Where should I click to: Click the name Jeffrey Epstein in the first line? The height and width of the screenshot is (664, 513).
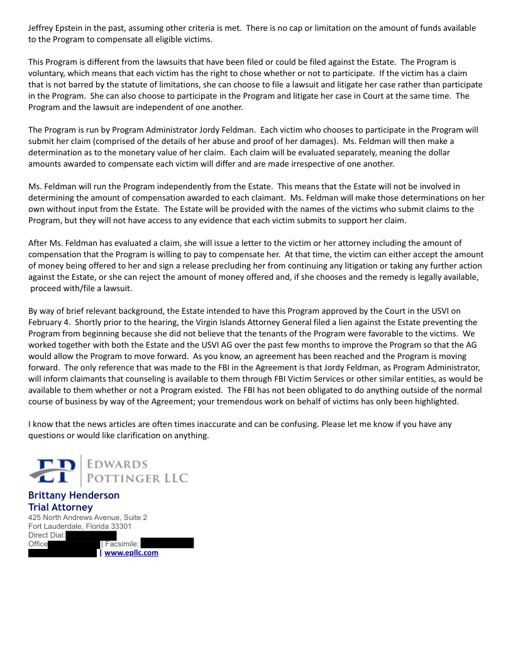[x=56, y=28]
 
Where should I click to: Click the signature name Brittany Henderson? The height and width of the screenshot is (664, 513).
[x=74, y=495]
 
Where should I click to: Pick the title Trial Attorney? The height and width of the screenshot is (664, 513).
[x=60, y=507]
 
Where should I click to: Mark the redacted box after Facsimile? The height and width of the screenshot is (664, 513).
[x=167, y=543]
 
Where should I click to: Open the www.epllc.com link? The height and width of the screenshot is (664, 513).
[x=131, y=553]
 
